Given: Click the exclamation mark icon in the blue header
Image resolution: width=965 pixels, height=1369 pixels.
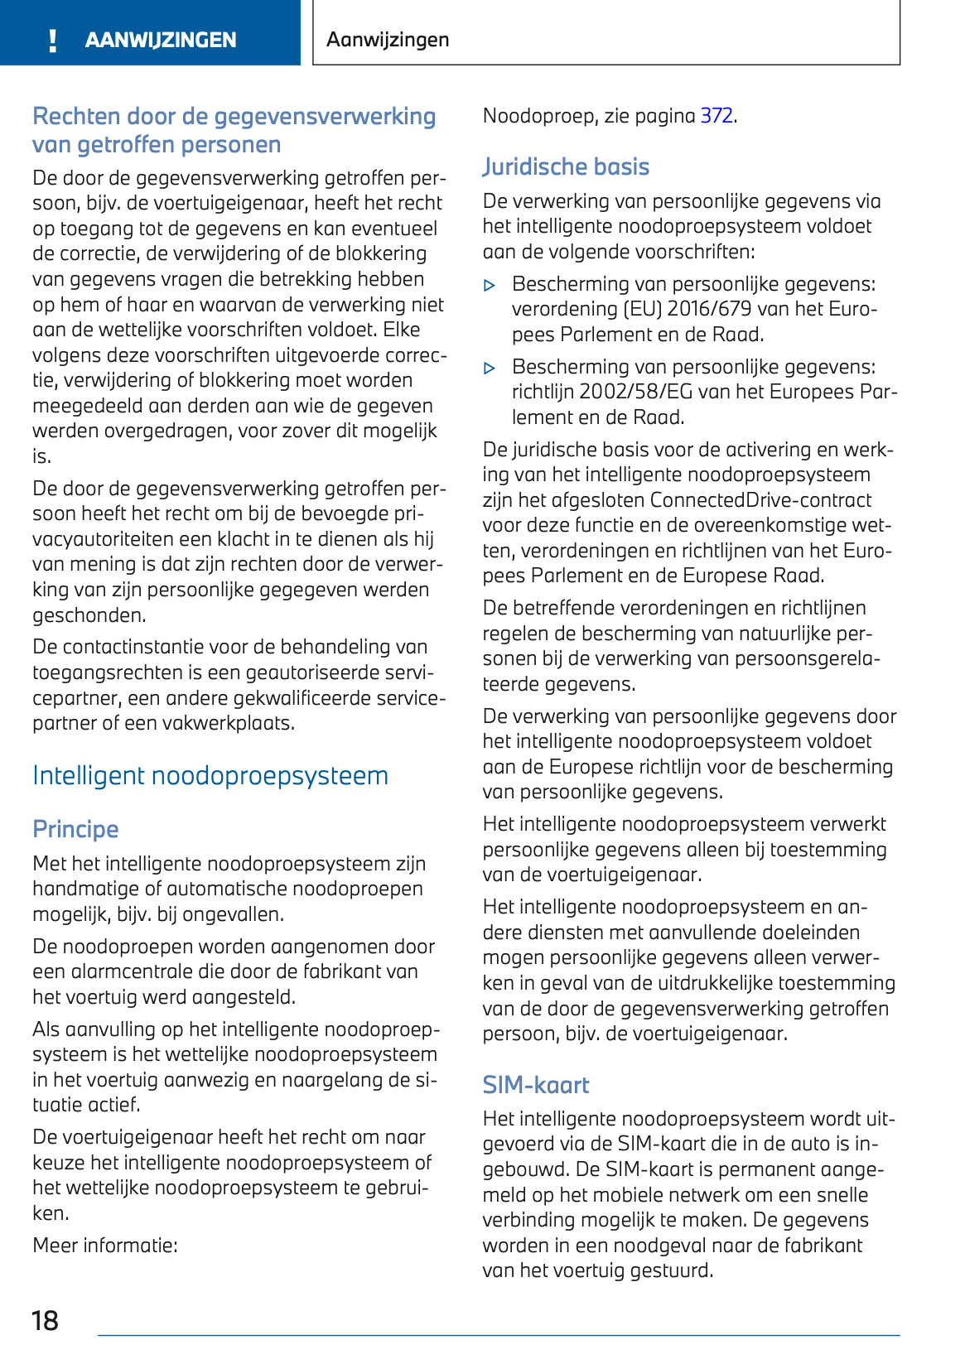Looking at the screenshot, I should (x=53, y=40).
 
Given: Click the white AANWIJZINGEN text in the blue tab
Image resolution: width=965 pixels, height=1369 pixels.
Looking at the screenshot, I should (x=161, y=40).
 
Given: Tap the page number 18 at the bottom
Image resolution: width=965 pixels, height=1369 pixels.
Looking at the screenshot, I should (x=45, y=1320).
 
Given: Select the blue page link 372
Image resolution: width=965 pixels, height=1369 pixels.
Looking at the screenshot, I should (x=717, y=116).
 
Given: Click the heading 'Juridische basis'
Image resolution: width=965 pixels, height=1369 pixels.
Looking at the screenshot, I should (x=566, y=166).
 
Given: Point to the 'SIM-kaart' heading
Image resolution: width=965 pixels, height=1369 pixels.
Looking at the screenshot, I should (x=536, y=1085).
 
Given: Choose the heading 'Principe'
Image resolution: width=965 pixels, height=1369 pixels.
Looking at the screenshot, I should (x=75, y=829).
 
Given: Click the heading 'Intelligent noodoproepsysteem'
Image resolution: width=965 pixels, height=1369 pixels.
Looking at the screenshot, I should (x=210, y=776).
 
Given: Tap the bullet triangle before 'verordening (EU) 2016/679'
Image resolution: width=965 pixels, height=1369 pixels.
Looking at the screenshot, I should (x=490, y=286).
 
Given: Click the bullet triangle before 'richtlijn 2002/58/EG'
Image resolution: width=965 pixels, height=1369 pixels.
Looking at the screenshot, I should (x=490, y=369).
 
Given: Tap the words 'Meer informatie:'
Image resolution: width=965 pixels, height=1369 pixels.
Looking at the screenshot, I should (x=105, y=1246).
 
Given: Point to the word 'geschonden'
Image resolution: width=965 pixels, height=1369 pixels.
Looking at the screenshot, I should (x=89, y=615).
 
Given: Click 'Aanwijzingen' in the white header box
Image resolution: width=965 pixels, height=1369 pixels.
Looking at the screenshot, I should (x=388, y=40).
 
